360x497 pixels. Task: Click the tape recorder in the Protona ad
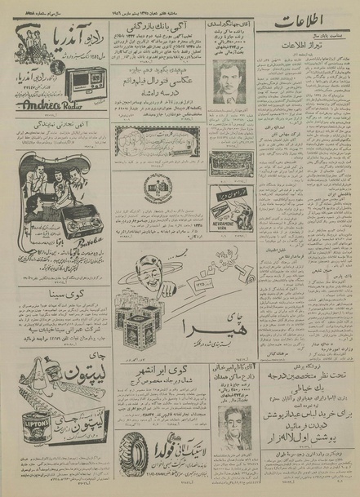76,221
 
